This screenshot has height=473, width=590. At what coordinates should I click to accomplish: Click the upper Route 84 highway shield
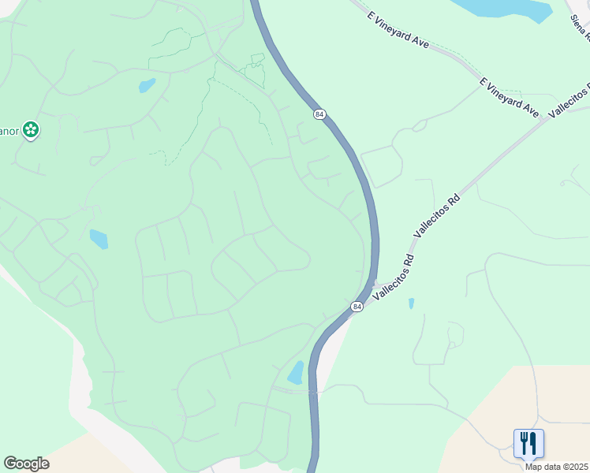point(319,114)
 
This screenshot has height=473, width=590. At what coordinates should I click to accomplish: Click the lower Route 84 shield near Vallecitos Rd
point(357,307)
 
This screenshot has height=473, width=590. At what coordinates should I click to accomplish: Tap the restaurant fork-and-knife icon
point(528,443)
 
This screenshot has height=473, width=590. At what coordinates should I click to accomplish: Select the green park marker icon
point(31,129)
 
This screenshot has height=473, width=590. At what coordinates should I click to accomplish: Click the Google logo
point(26,464)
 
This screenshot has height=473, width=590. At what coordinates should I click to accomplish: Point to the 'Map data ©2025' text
point(556,467)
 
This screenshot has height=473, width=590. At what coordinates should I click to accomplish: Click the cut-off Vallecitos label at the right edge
point(569,99)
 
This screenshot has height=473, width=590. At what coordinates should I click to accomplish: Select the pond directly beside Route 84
point(296,372)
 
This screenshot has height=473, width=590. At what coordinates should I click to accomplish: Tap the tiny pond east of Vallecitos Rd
point(411,304)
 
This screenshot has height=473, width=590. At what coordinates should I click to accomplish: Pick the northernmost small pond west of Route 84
point(147,85)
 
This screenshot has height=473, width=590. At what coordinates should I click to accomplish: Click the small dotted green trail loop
point(254,69)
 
